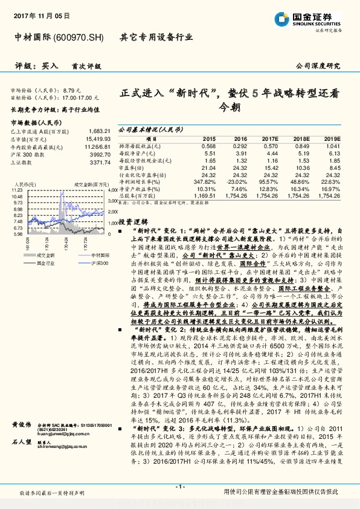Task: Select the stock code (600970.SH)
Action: (79, 37)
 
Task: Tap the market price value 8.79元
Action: (71, 89)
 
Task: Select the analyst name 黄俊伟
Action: (22, 426)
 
